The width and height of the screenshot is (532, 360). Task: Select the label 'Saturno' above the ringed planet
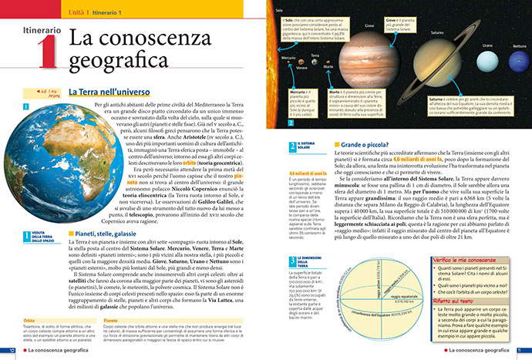click(437, 33)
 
